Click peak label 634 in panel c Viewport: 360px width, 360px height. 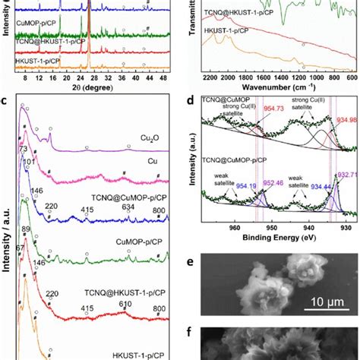coord(128,207)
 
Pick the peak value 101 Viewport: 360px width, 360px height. coord(30,161)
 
